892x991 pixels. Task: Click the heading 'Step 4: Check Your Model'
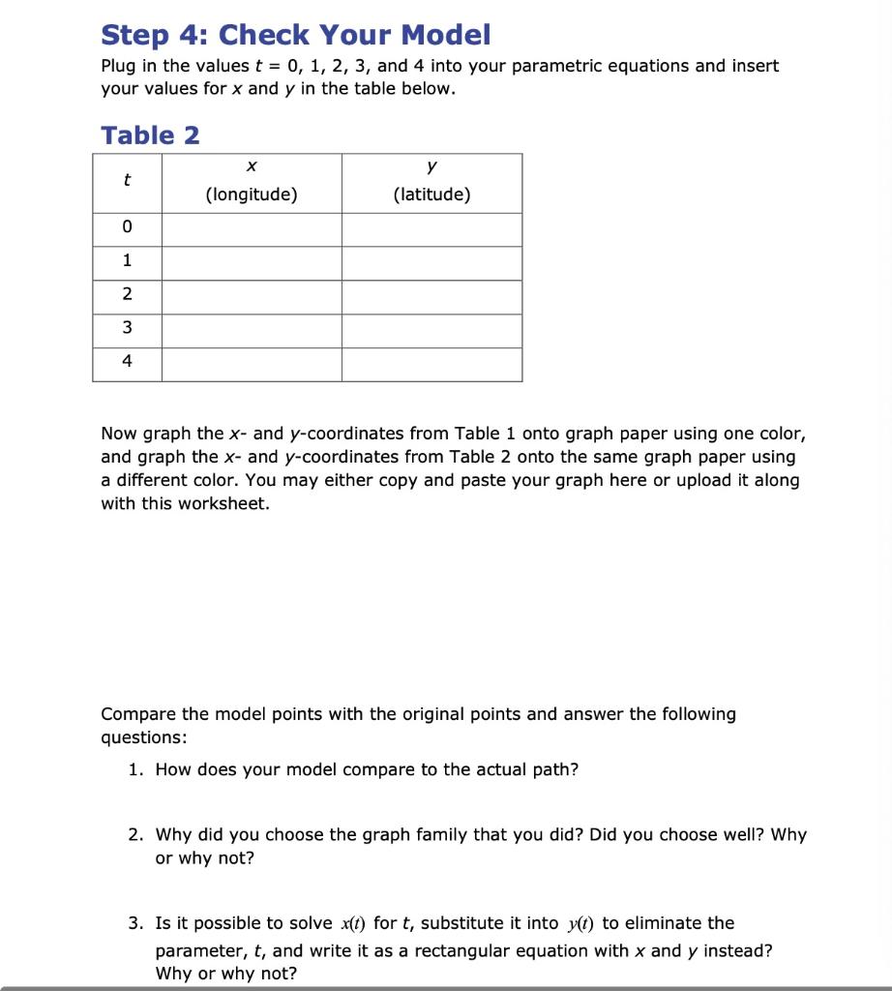tap(295, 35)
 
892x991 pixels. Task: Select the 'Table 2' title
tap(150, 135)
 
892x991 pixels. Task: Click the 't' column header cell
tap(127, 181)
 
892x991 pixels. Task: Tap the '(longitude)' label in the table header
tap(251, 195)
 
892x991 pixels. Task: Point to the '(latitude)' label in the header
tap(431, 195)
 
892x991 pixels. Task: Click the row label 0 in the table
tap(127, 227)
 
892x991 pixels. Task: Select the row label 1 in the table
tap(127, 261)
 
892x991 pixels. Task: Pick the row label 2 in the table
tap(127, 295)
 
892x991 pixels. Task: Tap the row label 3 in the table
tap(127, 329)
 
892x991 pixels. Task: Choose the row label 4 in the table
tap(127, 363)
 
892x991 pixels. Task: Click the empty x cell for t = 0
tap(251, 228)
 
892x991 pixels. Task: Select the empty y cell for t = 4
tap(431, 364)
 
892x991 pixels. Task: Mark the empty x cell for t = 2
tap(251, 296)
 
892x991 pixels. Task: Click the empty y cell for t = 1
tap(431, 262)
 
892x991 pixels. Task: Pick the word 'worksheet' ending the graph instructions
tap(223, 504)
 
